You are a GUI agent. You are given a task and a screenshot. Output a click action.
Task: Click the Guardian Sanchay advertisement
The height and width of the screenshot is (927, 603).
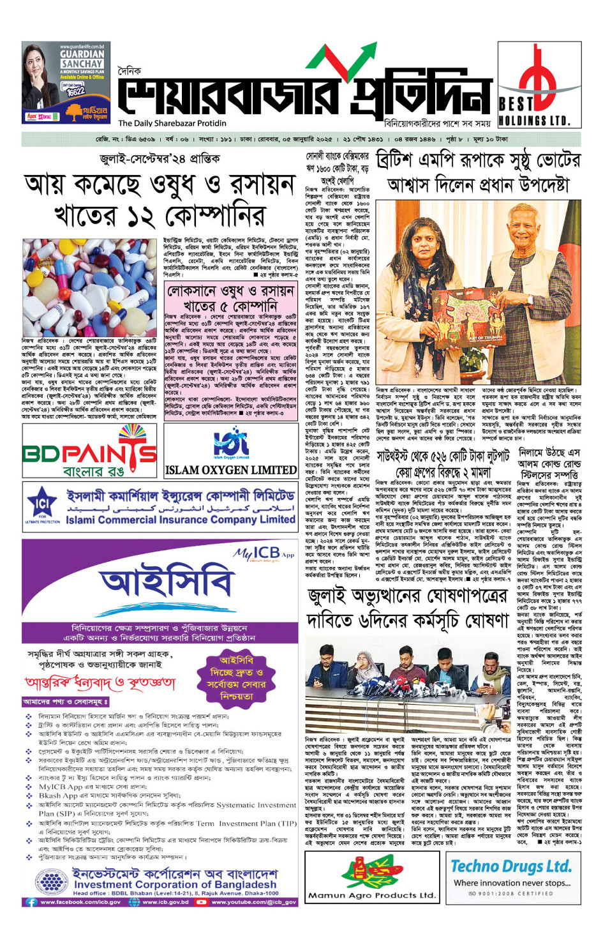(x=64, y=83)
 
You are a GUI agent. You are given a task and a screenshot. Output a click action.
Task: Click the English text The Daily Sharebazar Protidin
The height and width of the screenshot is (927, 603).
(x=172, y=123)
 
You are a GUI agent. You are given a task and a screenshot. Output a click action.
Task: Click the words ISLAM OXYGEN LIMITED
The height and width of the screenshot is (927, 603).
(x=230, y=471)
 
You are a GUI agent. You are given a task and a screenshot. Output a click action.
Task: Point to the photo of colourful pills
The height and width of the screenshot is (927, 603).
(x=89, y=288)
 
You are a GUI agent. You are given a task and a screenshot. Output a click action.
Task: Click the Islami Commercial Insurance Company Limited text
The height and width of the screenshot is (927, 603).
(x=180, y=520)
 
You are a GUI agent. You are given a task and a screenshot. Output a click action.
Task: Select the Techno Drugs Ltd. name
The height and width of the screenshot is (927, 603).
(x=510, y=866)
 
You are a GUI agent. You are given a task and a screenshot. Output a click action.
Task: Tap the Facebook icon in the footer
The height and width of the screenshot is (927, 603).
(x=31, y=902)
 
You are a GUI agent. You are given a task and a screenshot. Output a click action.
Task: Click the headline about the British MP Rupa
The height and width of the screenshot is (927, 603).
(x=478, y=172)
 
